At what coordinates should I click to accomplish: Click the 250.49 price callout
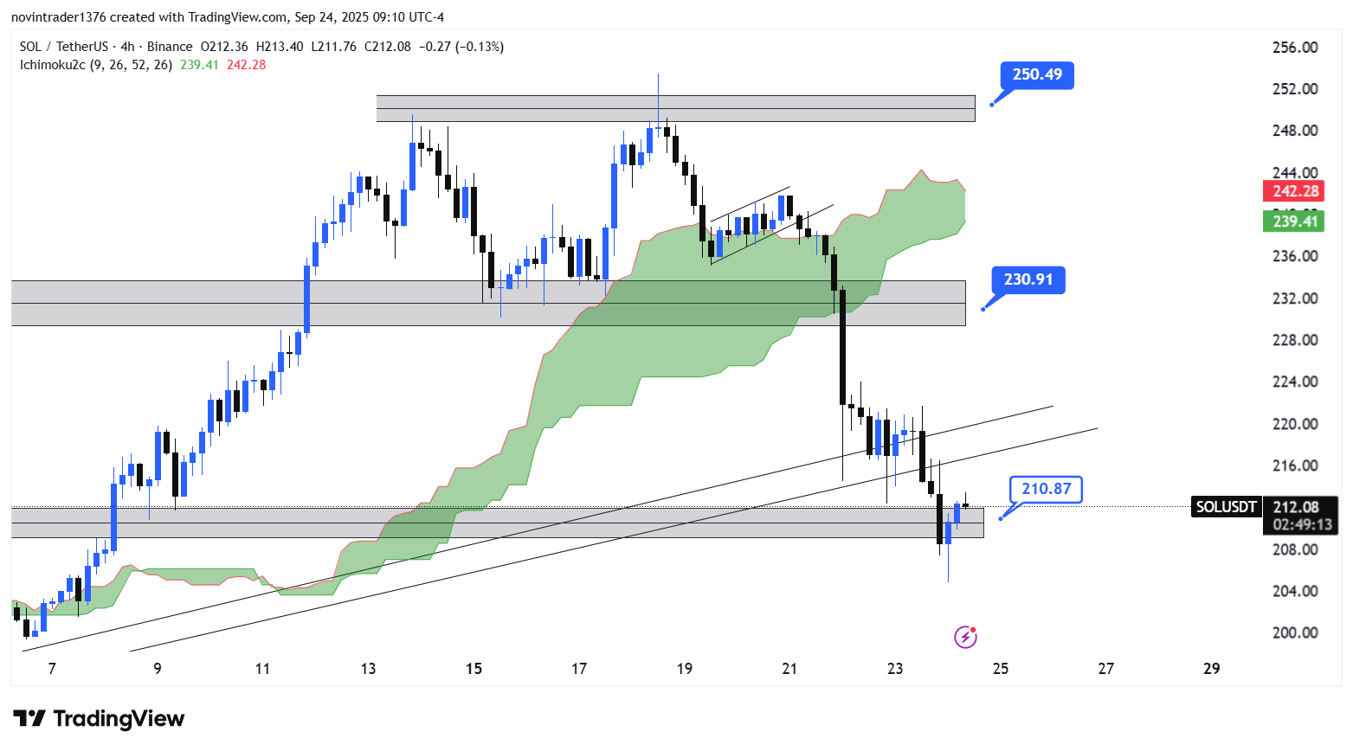click(1037, 74)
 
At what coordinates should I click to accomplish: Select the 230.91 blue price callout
click(1028, 279)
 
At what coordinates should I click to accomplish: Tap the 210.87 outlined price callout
click(1046, 489)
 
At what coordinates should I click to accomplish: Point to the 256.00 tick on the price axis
click(1295, 48)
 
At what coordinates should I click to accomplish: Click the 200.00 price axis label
click(1295, 632)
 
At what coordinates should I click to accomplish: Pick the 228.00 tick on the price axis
click(1295, 340)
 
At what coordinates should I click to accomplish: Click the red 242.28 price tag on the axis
click(1296, 191)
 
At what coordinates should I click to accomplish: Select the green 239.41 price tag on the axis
click(1296, 221)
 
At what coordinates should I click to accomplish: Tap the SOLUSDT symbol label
click(1226, 507)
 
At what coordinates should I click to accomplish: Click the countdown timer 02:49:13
click(1301, 525)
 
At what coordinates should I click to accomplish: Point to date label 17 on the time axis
click(579, 669)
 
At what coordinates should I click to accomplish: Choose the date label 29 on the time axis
click(1212, 669)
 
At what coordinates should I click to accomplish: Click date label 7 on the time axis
click(52, 669)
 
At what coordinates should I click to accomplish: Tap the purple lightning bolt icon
click(965, 638)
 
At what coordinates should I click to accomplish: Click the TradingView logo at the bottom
click(100, 719)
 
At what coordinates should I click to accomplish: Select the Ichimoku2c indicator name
click(53, 65)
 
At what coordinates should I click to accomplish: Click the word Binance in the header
click(170, 47)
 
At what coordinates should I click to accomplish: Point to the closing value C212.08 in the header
click(388, 47)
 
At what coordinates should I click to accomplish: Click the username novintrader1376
click(58, 17)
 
